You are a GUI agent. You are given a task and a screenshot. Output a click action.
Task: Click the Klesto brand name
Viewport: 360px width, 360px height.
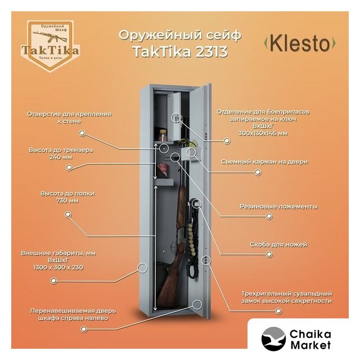(300, 43)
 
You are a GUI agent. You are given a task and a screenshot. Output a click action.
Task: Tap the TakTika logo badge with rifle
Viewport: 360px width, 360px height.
(50, 45)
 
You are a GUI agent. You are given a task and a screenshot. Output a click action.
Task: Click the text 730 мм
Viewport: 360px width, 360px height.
(67, 200)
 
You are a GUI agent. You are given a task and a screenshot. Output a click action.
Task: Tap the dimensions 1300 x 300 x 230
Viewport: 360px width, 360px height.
(58, 267)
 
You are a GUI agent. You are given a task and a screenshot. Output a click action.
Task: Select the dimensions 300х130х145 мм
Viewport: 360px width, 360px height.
(263, 133)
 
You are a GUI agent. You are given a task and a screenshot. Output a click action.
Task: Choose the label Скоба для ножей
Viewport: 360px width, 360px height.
(278, 245)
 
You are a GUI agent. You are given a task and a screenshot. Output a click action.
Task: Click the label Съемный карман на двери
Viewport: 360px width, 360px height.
(272, 161)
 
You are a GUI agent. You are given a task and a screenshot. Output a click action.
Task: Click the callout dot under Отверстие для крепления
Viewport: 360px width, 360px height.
(82, 133)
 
